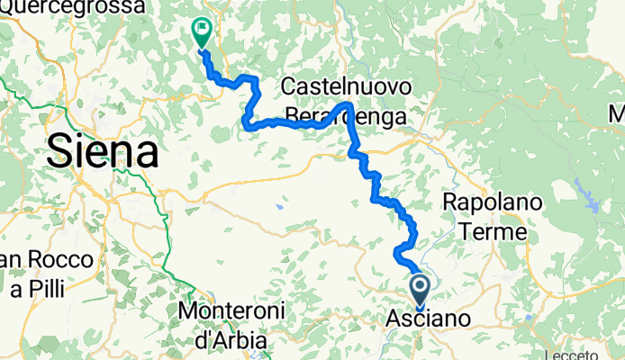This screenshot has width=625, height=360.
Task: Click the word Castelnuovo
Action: point(347,87)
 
